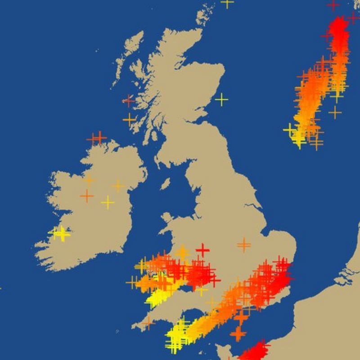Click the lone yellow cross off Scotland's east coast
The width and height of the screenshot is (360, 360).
[x=221, y=99]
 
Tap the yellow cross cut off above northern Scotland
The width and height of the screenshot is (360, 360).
[x=227, y=2]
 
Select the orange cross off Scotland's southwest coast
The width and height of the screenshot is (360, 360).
[x=130, y=120]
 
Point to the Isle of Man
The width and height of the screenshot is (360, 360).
[x=165, y=184]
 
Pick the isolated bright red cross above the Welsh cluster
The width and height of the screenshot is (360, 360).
[x=202, y=249]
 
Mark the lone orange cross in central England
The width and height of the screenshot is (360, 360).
[x=244, y=245]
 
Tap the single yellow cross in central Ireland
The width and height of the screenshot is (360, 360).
[x=108, y=202]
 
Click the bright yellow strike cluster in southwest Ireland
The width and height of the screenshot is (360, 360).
[x=60, y=234]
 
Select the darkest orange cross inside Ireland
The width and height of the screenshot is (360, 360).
[x=86, y=196]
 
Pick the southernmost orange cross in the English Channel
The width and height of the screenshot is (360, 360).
[x=238, y=334]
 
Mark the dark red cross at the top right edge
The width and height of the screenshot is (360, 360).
[x=333, y=4]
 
